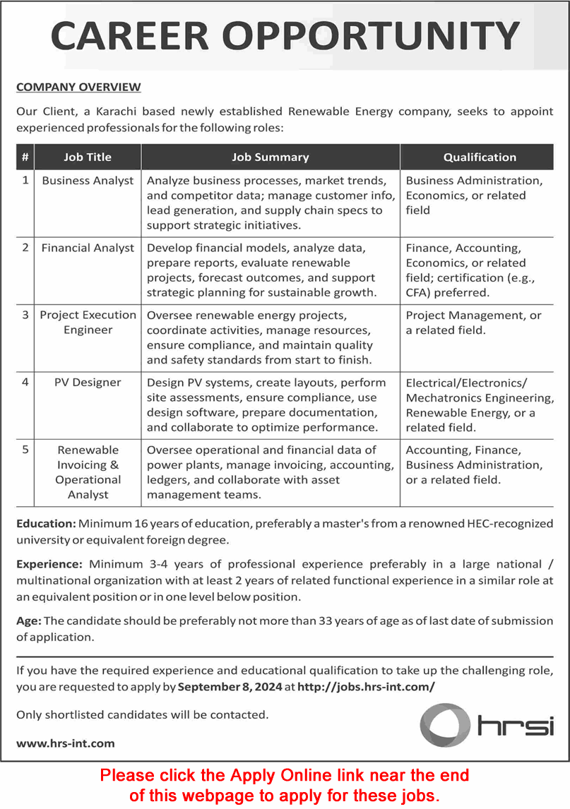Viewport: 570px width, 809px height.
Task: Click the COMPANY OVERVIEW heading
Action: point(78,88)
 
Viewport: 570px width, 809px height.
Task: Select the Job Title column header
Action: point(88,157)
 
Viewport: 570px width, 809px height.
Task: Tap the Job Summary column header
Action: point(271,157)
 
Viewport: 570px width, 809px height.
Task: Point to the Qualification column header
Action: point(480,157)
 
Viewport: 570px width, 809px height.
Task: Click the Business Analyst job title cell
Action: point(88,181)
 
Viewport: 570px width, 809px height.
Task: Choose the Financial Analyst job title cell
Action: point(88,248)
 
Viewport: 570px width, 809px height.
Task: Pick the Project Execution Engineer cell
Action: point(88,323)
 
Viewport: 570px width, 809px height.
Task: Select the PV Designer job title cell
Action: point(88,383)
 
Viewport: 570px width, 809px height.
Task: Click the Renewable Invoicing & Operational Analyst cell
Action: point(88,472)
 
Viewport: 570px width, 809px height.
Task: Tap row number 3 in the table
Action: point(25,316)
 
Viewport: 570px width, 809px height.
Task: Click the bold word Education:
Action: point(46,524)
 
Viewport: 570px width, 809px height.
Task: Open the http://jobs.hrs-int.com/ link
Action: point(366,686)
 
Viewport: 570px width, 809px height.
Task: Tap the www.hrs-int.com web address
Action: point(65,743)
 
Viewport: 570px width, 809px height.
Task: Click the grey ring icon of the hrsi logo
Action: point(444,725)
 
